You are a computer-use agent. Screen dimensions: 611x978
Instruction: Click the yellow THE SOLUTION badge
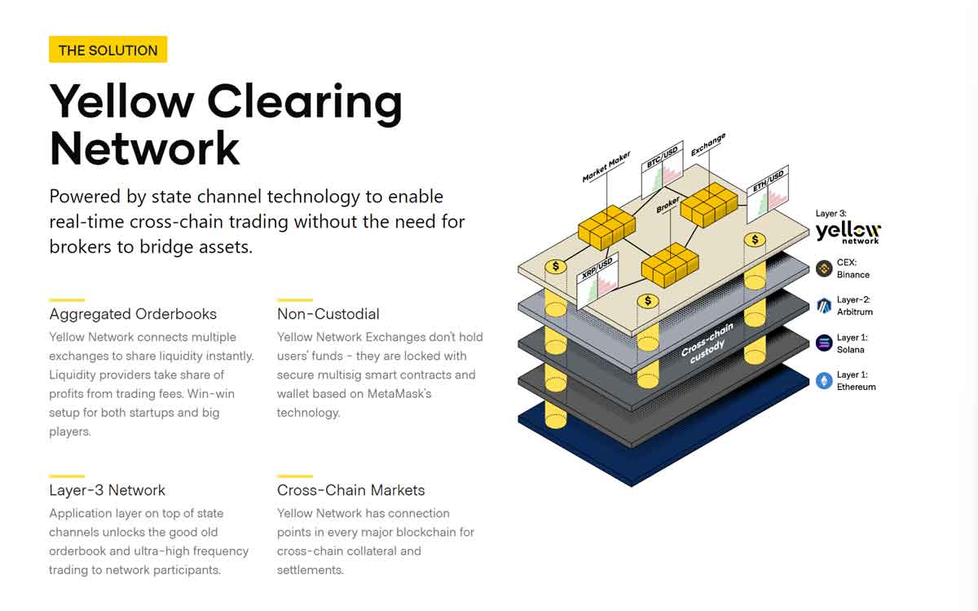point(108,50)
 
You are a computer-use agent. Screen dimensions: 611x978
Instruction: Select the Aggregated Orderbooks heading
point(133,314)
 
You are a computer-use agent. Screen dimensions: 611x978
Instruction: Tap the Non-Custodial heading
point(328,314)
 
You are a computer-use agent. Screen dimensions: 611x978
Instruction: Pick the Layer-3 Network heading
point(107,490)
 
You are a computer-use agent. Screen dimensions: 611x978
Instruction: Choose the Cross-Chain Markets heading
point(350,490)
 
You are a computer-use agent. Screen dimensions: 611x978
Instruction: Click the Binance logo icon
point(824,268)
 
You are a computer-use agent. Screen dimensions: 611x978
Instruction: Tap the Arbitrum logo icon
point(824,305)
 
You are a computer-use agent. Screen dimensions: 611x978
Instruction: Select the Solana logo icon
point(824,343)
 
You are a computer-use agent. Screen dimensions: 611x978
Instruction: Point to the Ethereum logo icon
point(824,380)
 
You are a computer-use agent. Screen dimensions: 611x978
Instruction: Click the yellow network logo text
point(848,232)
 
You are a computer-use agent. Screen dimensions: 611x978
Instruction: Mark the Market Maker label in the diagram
point(606,166)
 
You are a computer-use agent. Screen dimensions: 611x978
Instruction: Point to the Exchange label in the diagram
point(707,146)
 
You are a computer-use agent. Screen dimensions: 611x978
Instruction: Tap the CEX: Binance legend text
point(852,269)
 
